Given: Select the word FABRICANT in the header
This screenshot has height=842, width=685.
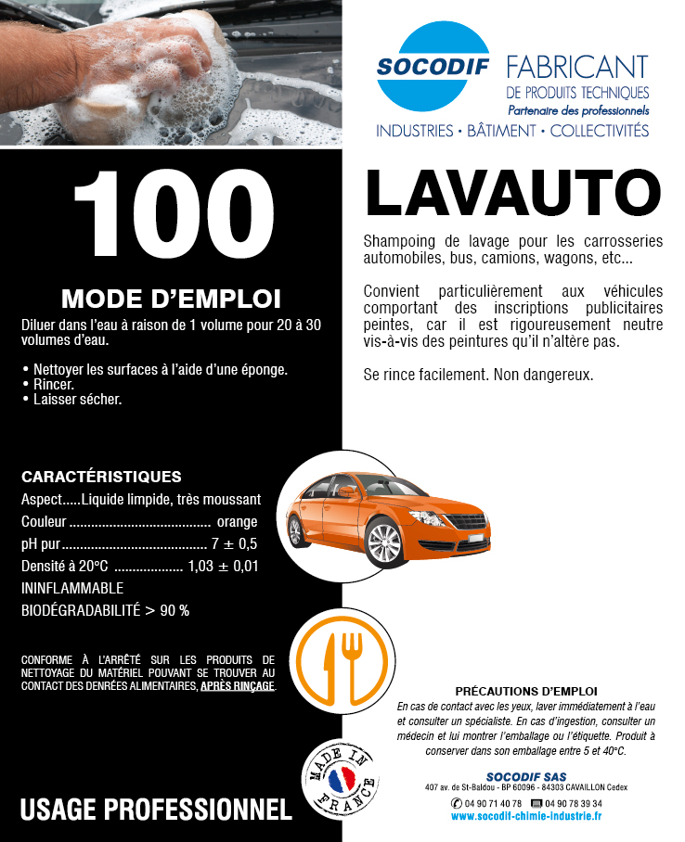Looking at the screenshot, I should pos(576,67).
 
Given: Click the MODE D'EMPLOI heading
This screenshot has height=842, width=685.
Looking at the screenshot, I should pos(171,299).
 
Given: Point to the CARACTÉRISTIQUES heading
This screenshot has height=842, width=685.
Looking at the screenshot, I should pos(101,478).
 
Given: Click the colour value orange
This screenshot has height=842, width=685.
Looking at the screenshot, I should pos(237,521).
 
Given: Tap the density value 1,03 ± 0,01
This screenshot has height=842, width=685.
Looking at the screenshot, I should pos(223,566).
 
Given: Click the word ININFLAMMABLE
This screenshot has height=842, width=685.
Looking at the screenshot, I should pos(72,588).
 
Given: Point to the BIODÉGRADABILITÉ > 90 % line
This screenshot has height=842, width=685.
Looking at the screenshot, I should pos(105,610).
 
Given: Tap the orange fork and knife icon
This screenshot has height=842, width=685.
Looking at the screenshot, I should pos(340,660).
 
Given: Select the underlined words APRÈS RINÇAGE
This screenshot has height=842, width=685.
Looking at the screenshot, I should pos(238,686).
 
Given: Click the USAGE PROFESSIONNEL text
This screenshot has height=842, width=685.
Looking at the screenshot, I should pos(155,809).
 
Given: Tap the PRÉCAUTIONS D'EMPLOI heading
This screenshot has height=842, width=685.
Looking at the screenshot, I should pos(526,692).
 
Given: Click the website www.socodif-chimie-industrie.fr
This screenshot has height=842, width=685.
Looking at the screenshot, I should pos(525,816).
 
